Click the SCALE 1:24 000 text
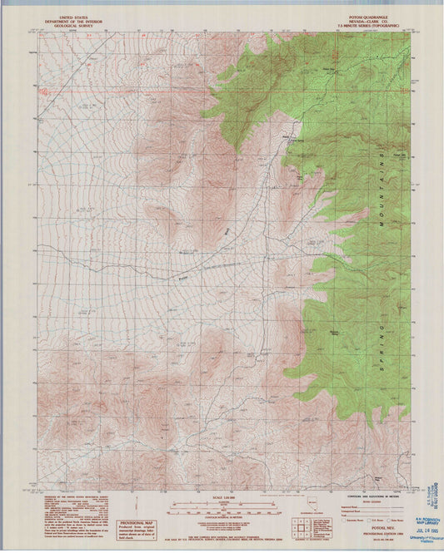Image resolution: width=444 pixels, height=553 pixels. (x=222, y=497)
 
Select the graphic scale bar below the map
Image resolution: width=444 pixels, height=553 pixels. (x=222, y=506)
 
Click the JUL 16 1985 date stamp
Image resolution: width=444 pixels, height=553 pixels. (x=422, y=511)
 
